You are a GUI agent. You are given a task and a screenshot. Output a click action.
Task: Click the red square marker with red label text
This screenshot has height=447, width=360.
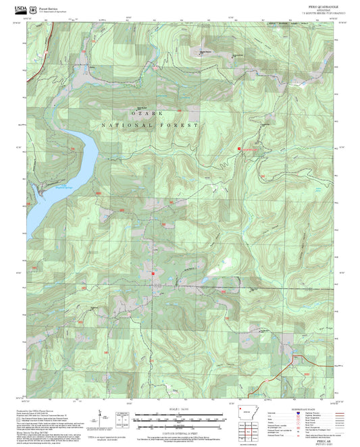[x=238, y=148]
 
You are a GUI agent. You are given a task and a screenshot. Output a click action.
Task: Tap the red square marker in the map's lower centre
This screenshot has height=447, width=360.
[x=153, y=273]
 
